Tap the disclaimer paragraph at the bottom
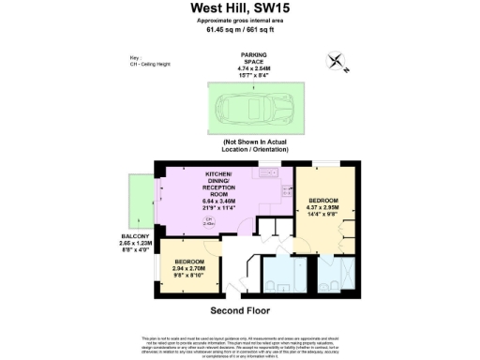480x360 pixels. (239, 343)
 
